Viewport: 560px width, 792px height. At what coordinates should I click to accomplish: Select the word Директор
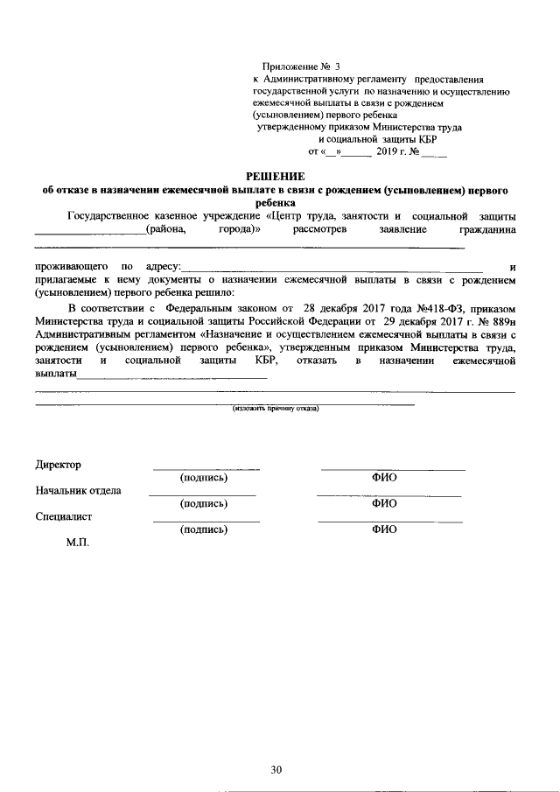pyautogui.click(x=58, y=465)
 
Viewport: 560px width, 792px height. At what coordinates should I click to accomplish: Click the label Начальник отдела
pyautogui.click(x=78, y=490)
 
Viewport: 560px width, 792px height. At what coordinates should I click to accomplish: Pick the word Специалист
pyautogui.click(x=64, y=516)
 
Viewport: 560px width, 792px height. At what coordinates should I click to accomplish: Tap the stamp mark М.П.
pyautogui.click(x=78, y=543)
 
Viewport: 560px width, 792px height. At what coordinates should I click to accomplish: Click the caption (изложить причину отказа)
pyautogui.click(x=276, y=409)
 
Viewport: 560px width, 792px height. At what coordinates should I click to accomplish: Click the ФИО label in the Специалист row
pyautogui.click(x=384, y=529)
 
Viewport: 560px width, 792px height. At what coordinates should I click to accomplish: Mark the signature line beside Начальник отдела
pyautogui.click(x=202, y=495)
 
